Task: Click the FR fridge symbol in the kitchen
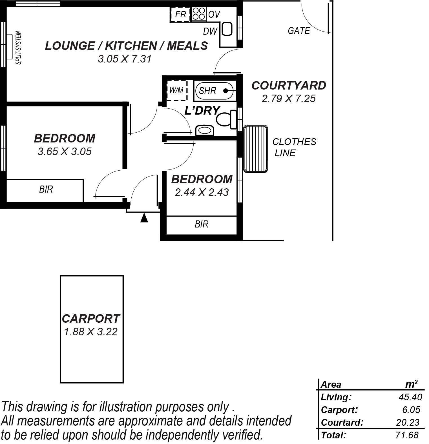tap(180, 14)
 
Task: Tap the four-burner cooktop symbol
tap(199, 14)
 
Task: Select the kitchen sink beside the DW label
tap(227, 29)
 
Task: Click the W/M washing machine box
tap(177, 90)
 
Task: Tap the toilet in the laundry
tap(226, 119)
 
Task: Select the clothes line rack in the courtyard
tap(256, 149)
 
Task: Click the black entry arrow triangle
tap(144, 218)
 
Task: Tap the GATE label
tap(299, 31)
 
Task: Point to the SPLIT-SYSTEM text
tap(19, 48)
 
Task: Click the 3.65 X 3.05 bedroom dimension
tap(65, 151)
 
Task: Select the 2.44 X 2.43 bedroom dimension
tap(202, 192)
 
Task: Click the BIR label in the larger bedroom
tap(46, 189)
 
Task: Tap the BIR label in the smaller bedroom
tap(202, 224)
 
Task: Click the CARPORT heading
tap(91, 318)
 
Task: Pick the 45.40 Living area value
tap(410, 397)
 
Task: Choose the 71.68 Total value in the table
tap(407, 435)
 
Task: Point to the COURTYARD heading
tap(289, 85)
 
